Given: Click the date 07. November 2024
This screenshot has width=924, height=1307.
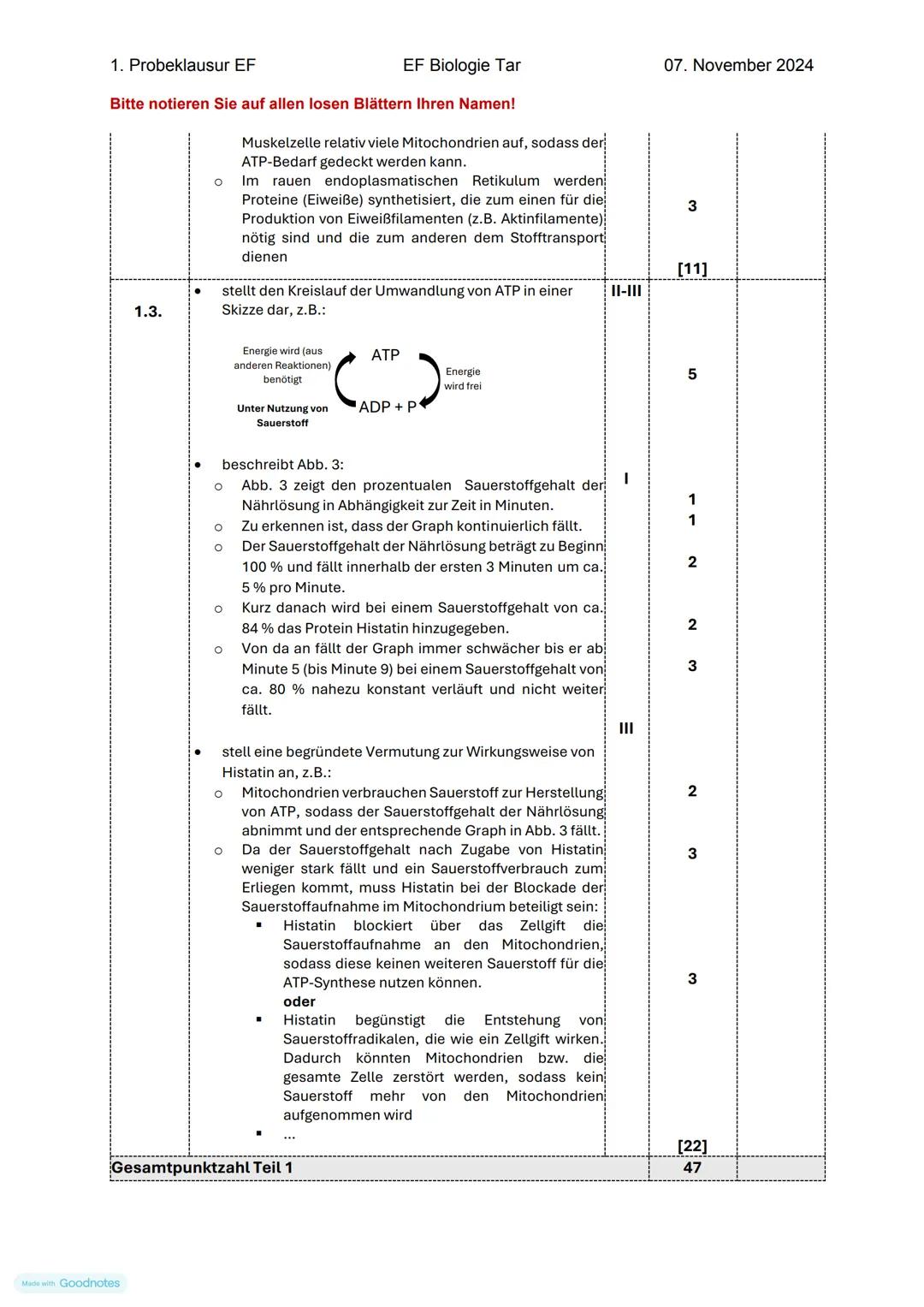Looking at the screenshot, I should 738,65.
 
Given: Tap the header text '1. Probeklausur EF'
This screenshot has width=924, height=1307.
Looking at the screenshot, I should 183,65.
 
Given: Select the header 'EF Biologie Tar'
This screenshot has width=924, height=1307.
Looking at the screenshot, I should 461,65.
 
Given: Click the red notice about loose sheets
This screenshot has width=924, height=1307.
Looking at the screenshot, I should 312,104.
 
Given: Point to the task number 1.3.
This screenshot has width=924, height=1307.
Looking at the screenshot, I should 148,312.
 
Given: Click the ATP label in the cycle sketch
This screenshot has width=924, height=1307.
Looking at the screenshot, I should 385,355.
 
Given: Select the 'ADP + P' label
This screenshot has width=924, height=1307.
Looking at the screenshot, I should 388,407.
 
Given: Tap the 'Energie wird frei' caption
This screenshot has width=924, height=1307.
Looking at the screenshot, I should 462,379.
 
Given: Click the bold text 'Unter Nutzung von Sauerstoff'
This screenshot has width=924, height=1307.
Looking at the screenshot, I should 282,416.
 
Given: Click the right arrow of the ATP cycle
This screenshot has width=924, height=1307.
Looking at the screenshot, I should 429,381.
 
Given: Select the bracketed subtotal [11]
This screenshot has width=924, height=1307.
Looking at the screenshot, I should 691,269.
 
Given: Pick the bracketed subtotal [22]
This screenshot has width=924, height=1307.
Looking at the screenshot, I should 691,1146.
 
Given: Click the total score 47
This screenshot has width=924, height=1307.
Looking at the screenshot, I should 691,1168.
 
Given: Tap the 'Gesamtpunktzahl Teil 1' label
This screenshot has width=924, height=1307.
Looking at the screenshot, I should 202,1168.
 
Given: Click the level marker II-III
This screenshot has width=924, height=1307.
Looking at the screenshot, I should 626,291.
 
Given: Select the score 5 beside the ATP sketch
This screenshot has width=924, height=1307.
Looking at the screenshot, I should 691,374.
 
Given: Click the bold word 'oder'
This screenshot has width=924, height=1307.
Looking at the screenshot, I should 299,1001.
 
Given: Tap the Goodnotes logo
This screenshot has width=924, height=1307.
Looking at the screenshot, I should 71,1283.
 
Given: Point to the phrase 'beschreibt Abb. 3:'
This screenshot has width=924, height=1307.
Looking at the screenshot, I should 282,465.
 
